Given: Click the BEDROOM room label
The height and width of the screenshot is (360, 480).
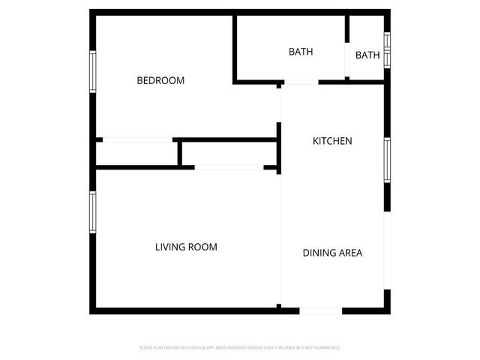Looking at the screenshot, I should coord(160,81).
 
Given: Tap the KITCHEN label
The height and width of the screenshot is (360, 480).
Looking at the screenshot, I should coord(332,141).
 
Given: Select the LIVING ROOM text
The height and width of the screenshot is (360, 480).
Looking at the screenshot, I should coord(186,247).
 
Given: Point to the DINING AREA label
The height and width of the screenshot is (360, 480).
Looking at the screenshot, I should coord(332,253).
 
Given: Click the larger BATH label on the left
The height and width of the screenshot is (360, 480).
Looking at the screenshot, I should coord(301,52).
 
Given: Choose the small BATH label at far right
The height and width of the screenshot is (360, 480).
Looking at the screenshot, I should coord(367,55).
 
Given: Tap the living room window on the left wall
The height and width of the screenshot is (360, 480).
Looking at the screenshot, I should coord(93,212).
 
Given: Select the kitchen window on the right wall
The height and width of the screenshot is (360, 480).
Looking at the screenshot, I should coord(387,160).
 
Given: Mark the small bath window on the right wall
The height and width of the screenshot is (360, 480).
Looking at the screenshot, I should coord(387,50).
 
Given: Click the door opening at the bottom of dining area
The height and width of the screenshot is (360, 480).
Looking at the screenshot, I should coord(320,310).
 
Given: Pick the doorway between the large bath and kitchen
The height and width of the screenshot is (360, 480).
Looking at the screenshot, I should coord(300,81).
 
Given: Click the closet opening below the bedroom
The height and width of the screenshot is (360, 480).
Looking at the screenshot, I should coord(137,139).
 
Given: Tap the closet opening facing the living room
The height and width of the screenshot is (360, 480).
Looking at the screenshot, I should coord(228,167).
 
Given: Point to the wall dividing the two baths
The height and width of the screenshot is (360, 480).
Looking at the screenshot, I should coord(347,45).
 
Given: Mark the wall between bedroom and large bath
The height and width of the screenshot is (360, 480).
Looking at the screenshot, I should coord(235,46).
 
